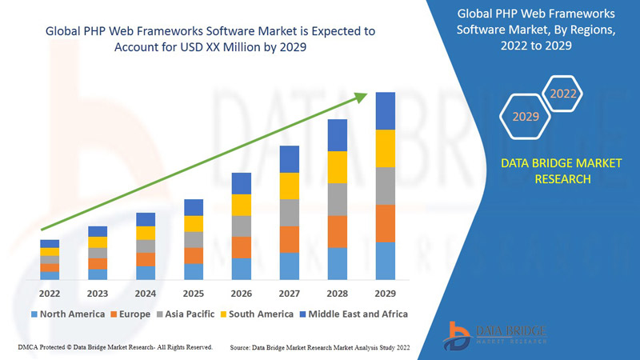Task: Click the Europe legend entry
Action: tap(130, 314)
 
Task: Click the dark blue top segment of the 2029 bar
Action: tap(386, 110)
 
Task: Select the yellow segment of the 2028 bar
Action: tap(338, 166)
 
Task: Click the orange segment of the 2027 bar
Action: tap(290, 239)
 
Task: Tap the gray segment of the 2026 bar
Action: tap(242, 226)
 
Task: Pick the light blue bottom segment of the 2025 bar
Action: tap(194, 271)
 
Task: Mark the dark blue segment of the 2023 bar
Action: tap(98, 231)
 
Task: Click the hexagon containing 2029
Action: tap(526, 117)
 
